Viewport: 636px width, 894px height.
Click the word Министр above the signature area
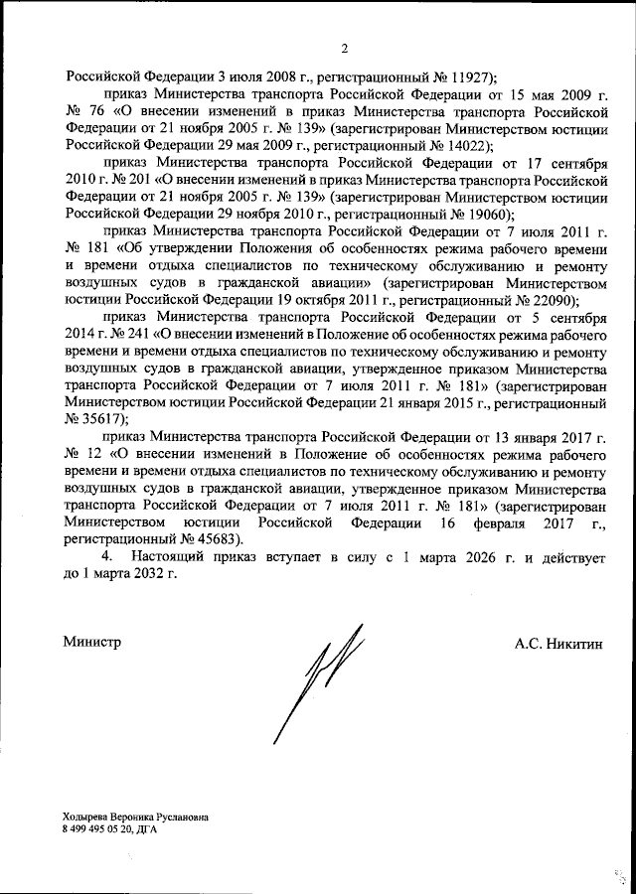pos(93,643)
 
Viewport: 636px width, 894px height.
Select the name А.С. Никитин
pos(558,643)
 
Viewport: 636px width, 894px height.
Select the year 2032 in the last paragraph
pos(141,578)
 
